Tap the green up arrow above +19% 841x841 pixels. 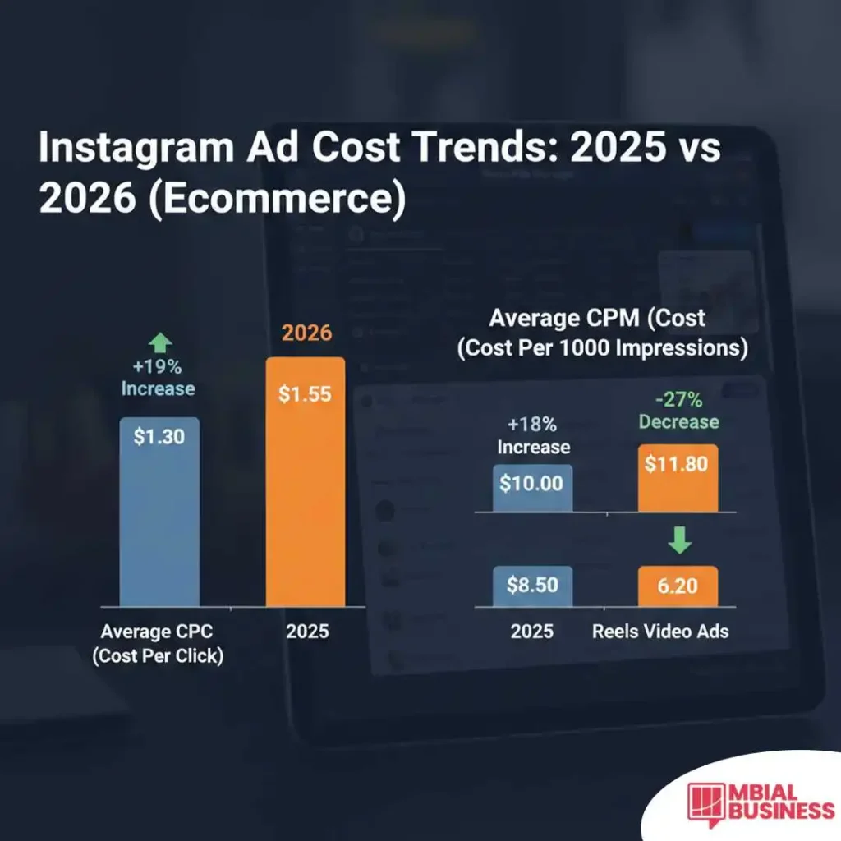[159, 343]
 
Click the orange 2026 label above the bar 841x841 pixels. [306, 333]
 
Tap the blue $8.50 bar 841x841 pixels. [533, 586]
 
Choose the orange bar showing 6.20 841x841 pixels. [678, 586]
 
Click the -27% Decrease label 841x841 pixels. [678, 411]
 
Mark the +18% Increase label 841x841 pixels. [533, 436]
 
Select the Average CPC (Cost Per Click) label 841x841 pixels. [158, 644]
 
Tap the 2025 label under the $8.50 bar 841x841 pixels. [532, 632]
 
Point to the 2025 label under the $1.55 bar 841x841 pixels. [306, 632]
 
